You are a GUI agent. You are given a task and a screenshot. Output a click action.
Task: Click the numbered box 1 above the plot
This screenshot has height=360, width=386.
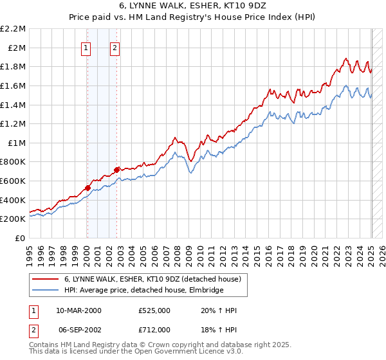click(x=86, y=47)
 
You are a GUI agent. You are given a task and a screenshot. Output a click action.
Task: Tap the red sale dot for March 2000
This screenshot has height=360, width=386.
click(x=87, y=188)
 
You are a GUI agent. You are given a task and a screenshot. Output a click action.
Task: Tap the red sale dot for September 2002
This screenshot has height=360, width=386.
click(x=116, y=170)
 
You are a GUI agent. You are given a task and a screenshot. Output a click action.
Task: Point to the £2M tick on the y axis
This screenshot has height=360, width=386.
click(x=17, y=48)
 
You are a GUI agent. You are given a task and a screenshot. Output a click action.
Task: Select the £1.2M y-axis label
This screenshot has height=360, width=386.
click(x=14, y=123)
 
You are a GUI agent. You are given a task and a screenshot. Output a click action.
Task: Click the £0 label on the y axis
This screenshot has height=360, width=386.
click(x=21, y=238)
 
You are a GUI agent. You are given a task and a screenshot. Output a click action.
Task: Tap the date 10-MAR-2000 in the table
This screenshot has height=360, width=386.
click(x=78, y=310)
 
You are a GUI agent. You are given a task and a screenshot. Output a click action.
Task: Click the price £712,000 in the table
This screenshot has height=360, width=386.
click(x=154, y=329)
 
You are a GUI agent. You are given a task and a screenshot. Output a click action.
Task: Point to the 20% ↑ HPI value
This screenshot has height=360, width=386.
click(x=219, y=310)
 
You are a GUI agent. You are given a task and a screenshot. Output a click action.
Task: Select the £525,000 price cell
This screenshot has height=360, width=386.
click(x=154, y=310)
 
